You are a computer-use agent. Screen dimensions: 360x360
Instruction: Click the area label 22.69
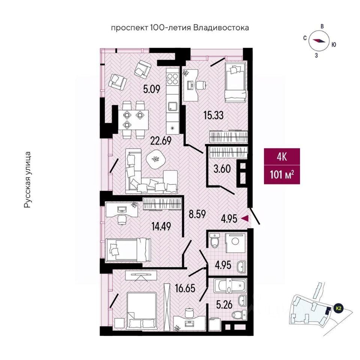[x=161, y=140]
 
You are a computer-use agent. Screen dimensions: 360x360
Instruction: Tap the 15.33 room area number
[x=213, y=115]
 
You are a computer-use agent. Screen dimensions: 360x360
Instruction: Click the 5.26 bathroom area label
[x=225, y=305]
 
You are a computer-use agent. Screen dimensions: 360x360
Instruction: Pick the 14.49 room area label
[x=161, y=227]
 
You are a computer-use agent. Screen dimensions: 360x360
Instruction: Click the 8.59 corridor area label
[x=197, y=214]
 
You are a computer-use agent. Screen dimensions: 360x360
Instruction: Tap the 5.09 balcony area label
[x=151, y=89]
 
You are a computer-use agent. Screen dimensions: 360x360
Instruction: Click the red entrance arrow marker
[x=245, y=219]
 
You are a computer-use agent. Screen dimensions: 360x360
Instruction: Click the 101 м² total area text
[x=282, y=175]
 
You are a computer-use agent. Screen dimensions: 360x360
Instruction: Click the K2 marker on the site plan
[x=338, y=308]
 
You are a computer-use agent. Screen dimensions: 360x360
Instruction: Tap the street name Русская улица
[x=27, y=180]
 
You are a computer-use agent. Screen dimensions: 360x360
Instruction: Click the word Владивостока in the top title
[x=221, y=28]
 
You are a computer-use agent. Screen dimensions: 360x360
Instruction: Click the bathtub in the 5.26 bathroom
[x=230, y=286]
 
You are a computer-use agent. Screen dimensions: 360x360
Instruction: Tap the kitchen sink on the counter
[x=172, y=106]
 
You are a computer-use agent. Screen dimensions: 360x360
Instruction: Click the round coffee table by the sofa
[x=156, y=159]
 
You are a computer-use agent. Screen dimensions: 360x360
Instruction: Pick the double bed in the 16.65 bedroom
[x=142, y=310]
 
